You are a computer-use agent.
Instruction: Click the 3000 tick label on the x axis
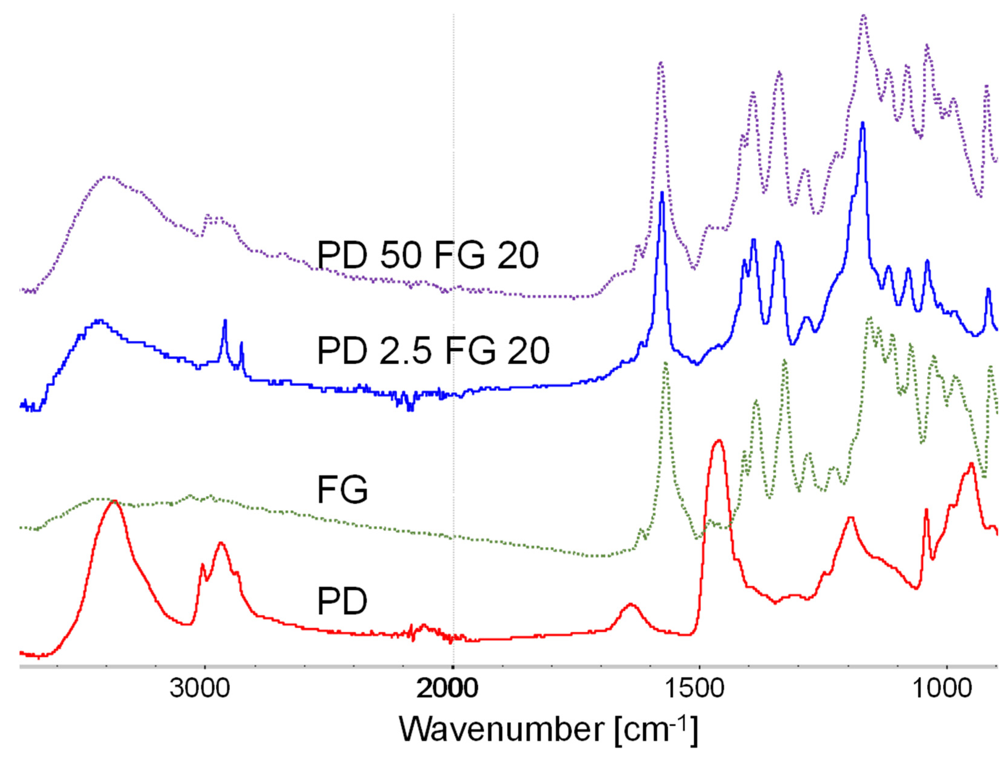pyautogui.click(x=200, y=688)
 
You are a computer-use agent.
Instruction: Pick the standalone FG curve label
pyautogui.click(x=342, y=490)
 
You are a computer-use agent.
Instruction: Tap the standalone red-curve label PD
pyautogui.click(x=342, y=601)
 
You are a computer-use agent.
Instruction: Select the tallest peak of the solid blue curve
pyautogui.click(x=862, y=123)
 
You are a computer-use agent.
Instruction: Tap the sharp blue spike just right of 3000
pyautogui.click(x=225, y=321)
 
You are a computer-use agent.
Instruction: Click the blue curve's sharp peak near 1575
pyautogui.click(x=662, y=193)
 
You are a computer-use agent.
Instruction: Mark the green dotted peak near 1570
pyautogui.click(x=666, y=363)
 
